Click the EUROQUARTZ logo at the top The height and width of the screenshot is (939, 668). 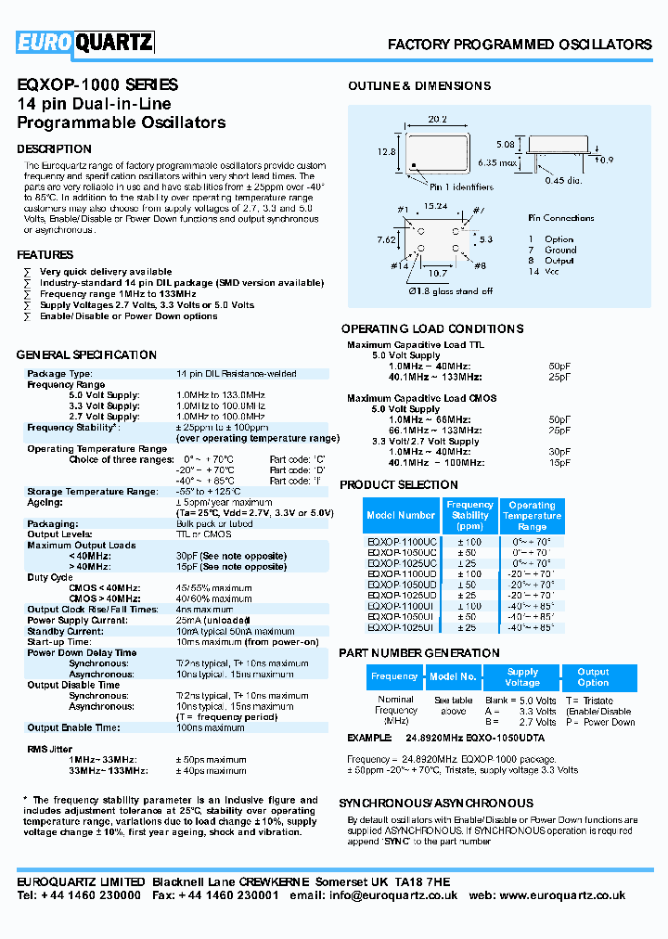84,42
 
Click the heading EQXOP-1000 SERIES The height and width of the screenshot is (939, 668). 97,84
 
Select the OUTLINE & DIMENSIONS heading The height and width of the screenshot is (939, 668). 419,86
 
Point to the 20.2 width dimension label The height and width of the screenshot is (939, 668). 438,119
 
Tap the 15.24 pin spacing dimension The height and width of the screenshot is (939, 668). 435,206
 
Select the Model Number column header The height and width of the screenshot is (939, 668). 401,515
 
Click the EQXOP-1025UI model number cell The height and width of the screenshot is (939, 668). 402,628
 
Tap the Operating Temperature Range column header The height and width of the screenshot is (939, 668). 532,516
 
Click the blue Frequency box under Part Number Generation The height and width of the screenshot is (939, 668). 394,676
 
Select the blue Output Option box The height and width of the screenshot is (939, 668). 593,676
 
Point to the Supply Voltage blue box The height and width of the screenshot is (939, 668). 522,676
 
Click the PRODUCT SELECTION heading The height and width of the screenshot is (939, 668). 399,485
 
